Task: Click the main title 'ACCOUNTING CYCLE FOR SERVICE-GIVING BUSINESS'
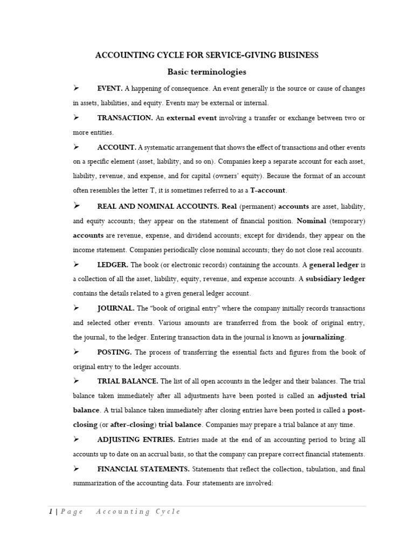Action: tap(206, 55)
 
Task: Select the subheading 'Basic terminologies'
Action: tap(206, 72)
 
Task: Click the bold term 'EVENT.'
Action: tap(110, 88)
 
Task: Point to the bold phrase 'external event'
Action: tap(191, 118)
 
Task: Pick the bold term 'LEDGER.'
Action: tap(113, 265)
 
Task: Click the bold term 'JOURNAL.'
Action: tap(116, 308)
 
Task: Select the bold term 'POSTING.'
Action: tap(114, 352)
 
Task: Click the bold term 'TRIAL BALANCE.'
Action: tap(128, 381)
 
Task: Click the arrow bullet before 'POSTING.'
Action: tap(76, 352)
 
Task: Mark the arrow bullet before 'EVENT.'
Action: tap(76, 88)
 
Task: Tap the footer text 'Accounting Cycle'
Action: tap(138, 512)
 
